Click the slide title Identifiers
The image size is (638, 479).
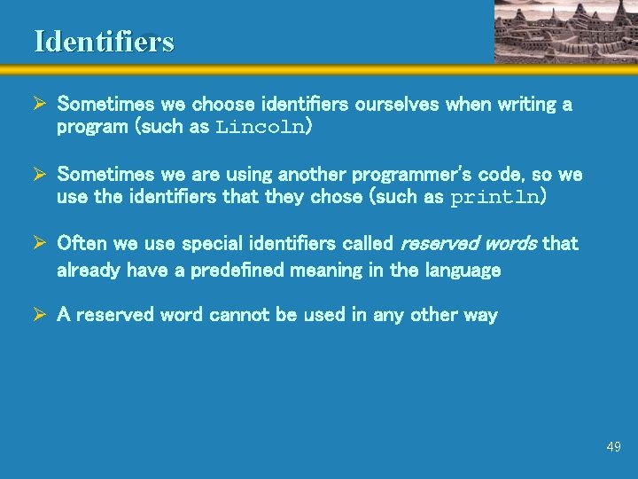(104, 42)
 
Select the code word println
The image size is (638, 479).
(494, 197)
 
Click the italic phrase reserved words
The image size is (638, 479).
(469, 243)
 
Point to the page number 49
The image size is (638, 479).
(613, 447)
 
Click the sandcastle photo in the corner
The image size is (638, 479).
(565, 31)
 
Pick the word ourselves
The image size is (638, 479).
(396, 105)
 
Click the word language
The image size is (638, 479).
(462, 270)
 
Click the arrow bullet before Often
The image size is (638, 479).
(40, 243)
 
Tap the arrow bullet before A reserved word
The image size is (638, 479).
(40, 315)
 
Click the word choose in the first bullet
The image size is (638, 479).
(219, 105)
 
